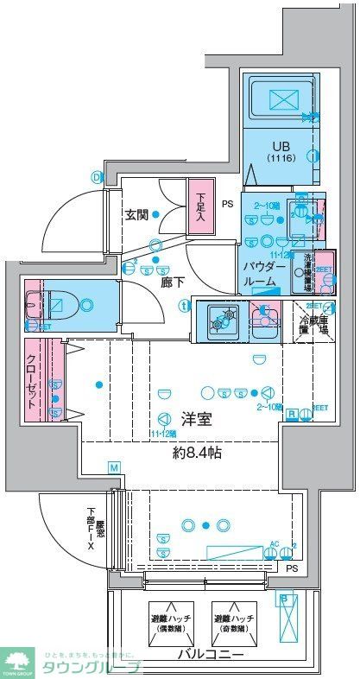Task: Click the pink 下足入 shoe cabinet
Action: [201, 205]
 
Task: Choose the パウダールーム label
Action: [261, 274]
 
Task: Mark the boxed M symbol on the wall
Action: [113, 467]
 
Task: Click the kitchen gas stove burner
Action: [222, 319]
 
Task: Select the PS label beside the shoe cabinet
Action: [228, 205]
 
